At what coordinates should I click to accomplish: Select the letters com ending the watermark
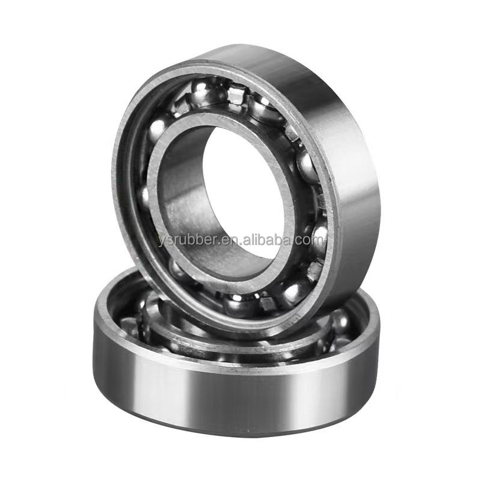[x=309, y=240]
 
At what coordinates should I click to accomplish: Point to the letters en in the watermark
[x=231, y=240]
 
